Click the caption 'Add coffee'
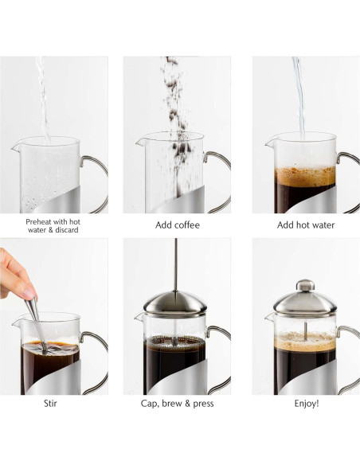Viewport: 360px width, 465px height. (177, 225)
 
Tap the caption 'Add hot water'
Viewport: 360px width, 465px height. (306, 225)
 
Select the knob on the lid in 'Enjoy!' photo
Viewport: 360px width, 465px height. (305, 284)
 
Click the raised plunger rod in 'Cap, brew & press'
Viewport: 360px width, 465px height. (177, 263)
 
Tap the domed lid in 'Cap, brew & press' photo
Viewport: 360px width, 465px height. (176, 303)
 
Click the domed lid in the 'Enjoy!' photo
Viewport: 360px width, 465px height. (305, 302)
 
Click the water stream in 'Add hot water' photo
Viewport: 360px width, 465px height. (299, 96)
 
